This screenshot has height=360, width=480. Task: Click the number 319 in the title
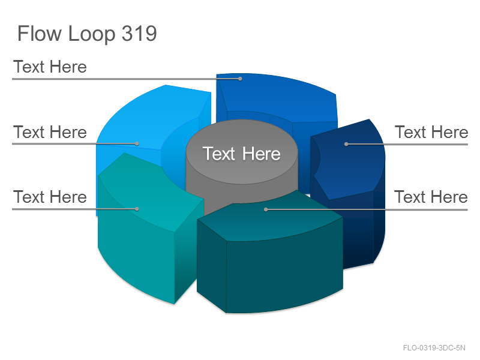coord(139,33)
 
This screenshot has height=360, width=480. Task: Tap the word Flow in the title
coord(40,33)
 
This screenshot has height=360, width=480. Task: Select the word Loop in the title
coord(92,34)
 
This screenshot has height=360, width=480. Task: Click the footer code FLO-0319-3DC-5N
coord(434,348)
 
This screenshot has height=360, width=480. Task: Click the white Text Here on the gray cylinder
coord(242,154)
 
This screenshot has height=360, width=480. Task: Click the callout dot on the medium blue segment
coord(241,79)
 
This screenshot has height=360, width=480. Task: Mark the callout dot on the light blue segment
coord(137,143)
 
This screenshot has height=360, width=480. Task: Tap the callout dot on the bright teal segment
coord(137,209)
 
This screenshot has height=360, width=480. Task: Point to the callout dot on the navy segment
coord(346,144)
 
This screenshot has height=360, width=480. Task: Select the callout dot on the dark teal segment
coord(266,209)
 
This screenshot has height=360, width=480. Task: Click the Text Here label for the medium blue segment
coord(50,67)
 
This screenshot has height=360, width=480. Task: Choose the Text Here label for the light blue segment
coord(50,132)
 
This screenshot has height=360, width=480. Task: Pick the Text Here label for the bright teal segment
coord(50,197)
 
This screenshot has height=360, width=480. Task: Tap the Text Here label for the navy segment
coord(431,132)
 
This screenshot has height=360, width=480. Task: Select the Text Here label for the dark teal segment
coord(431,197)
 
